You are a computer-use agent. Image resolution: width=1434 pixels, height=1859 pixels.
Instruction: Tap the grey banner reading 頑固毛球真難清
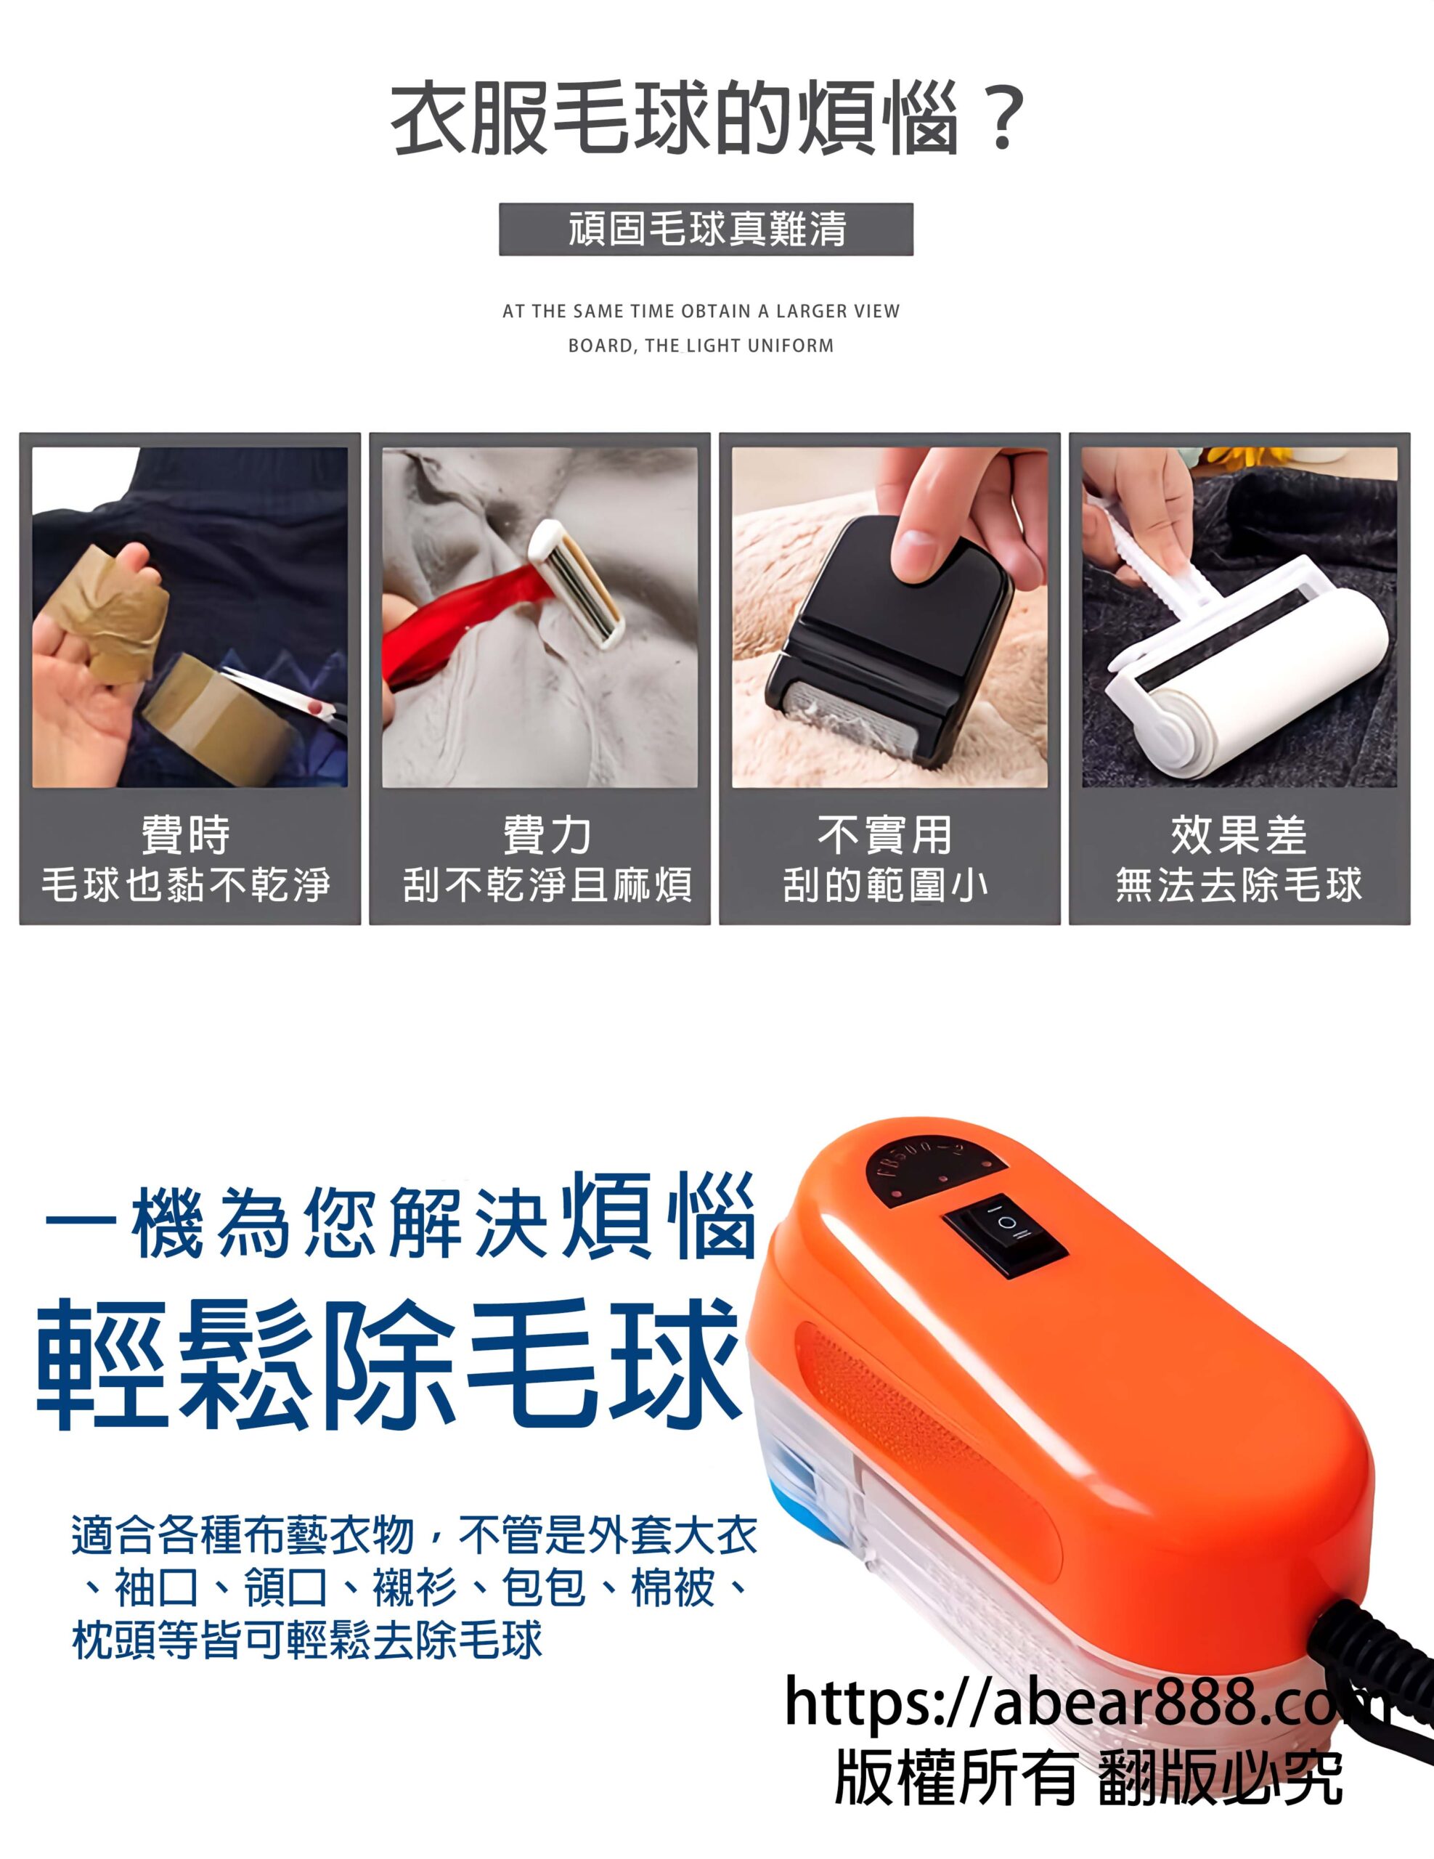tap(706, 229)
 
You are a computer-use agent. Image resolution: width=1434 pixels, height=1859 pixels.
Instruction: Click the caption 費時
tap(187, 834)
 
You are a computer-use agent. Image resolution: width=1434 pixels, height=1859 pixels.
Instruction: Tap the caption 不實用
tap(885, 834)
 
